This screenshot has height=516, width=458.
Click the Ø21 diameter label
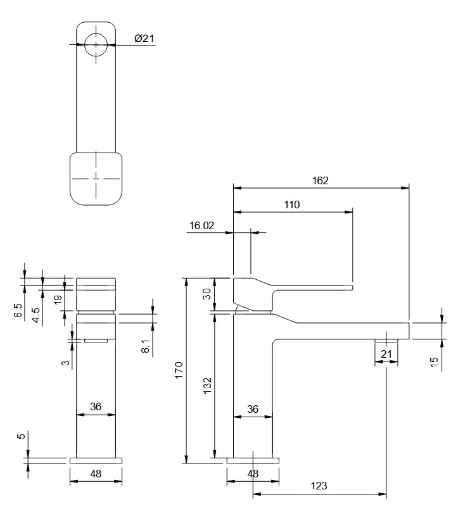tap(144, 39)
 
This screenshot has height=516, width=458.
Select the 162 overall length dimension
tap(321, 180)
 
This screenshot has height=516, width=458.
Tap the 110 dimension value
tap(292, 205)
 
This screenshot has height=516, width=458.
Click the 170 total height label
tap(179, 370)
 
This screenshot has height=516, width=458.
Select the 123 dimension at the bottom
tap(319, 486)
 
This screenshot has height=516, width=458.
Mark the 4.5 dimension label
tap(37, 315)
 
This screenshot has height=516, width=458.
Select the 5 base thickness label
tap(20, 436)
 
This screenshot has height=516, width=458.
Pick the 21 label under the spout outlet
tap(386, 354)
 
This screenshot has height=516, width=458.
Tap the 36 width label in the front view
tap(96, 407)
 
